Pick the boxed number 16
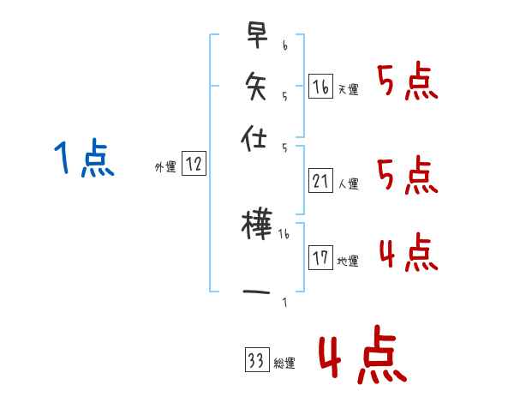coord(320,87)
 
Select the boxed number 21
coord(320,181)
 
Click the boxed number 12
coord(194,165)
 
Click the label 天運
coord(348,89)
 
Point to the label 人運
coord(348,183)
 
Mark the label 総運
coord(284,364)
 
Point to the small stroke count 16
coord(284,233)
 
